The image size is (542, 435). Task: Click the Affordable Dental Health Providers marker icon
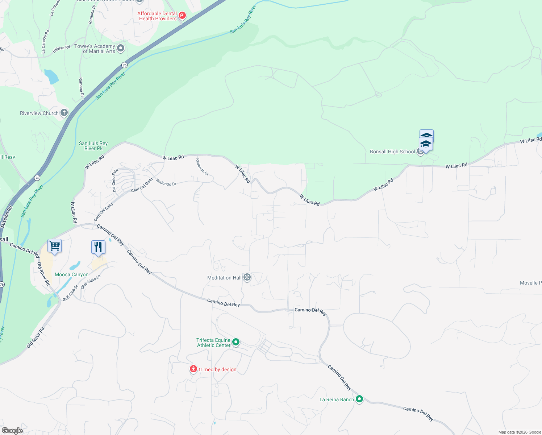pos(183,16)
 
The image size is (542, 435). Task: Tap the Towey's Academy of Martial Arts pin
pos(121,48)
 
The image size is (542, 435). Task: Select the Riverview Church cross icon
pos(64,113)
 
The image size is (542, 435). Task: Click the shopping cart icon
pos(55,246)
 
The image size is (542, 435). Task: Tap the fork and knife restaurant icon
pos(98,247)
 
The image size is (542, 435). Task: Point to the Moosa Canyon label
pos(71,274)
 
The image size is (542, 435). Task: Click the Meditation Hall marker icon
pos(247,278)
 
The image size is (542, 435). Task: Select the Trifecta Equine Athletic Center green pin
pos(236,342)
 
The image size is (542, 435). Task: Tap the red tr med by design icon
pos(193,369)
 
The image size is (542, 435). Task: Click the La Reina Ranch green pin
pos(359,399)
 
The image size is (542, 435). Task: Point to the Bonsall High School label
pos(392,152)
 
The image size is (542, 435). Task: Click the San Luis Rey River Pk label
pos(93,146)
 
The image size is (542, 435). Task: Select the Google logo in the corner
pos(12,430)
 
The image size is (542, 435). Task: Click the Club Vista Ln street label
pos(90,282)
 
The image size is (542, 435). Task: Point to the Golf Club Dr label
pos(70,293)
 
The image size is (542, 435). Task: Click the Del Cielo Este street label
pos(115,180)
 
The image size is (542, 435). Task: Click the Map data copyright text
pos(519,432)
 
